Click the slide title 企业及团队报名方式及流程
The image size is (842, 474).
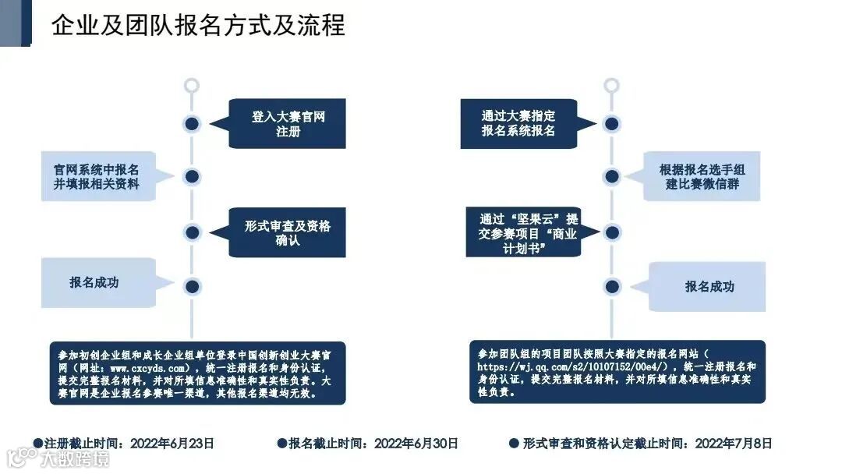coord(198,25)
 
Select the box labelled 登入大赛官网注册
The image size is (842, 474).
coord(288,124)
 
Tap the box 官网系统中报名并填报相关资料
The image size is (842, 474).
coord(97,176)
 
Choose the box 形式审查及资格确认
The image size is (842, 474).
coord(288,232)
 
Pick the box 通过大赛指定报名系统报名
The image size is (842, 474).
coord(518,123)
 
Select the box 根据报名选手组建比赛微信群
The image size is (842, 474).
coord(703,176)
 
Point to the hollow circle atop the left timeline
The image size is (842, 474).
coord(192,86)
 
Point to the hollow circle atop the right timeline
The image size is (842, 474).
coord(612,86)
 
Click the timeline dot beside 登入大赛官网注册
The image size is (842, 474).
coord(192,123)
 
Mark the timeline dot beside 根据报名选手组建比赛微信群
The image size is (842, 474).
coord(612,176)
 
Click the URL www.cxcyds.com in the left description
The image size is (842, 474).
coord(147,367)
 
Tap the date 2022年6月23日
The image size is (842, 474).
coord(172,444)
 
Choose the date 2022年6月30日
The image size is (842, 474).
coord(416,444)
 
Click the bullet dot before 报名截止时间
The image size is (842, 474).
coord(282,444)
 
